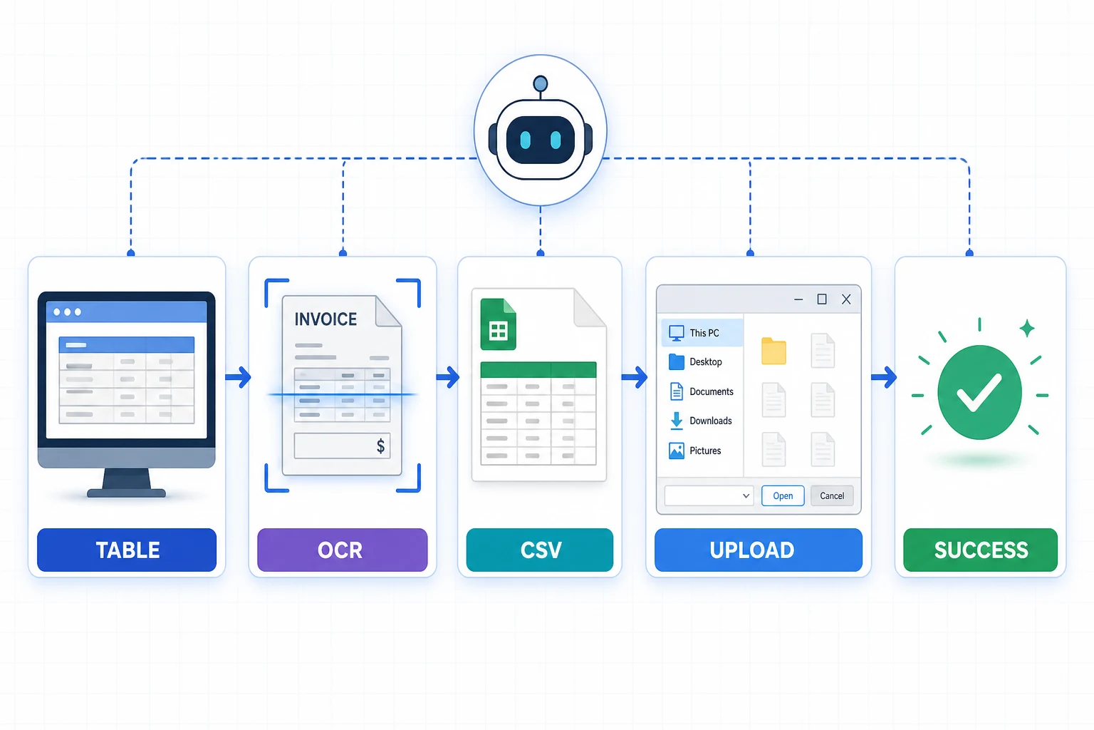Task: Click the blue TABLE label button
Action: click(x=127, y=550)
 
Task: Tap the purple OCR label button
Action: click(x=343, y=550)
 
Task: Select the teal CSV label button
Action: click(x=540, y=550)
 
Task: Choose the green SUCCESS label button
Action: click(x=980, y=550)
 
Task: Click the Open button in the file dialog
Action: click(x=783, y=495)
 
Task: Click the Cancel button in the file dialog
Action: click(x=832, y=495)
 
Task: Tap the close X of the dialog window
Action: click(x=846, y=299)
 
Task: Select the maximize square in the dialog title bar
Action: click(x=822, y=299)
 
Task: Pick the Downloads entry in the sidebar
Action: click(x=701, y=421)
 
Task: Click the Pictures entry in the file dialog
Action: click(x=695, y=451)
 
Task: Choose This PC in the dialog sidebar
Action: click(x=694, y=333)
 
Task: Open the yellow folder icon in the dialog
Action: click(x=773, y=351)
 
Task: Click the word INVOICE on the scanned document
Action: click(x=325, y=319)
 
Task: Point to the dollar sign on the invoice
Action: click(x=380, y=446)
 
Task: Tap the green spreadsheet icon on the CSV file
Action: click(x=498, y=324)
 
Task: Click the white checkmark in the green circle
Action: click(x=978, y=393)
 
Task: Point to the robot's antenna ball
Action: click(x=540, y=83)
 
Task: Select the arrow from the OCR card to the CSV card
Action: click(x=448, y=377)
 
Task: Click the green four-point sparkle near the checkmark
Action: click(x=1027, y=328)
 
